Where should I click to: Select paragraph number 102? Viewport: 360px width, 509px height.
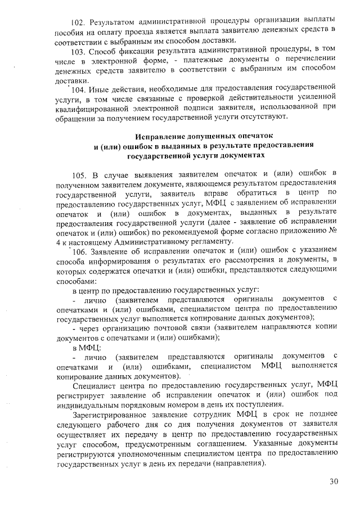(x=81, y=22)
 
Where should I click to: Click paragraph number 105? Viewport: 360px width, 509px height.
(x=80, y=173)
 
